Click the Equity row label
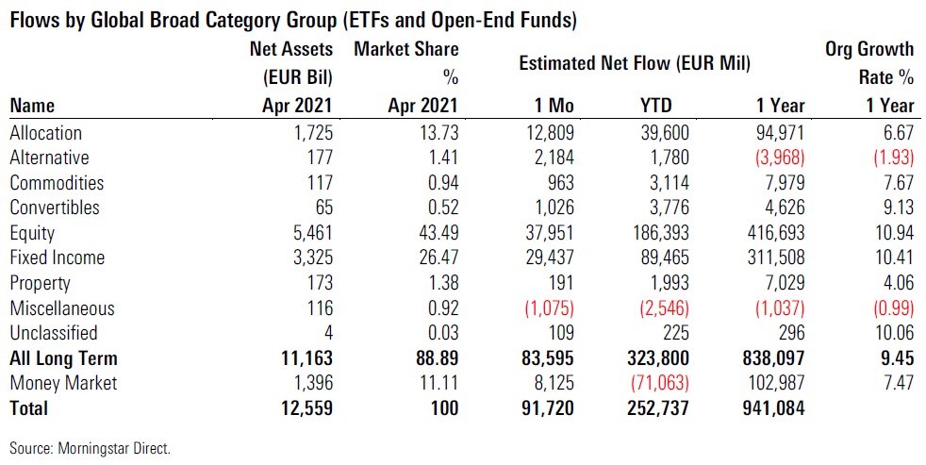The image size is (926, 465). click(x=32, y=233)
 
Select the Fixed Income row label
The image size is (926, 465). click(x=57, y=257)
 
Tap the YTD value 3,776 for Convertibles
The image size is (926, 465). click(x=666, y=208)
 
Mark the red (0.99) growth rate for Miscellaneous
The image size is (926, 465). click(x=888, y=307)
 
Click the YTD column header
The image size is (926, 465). click(x=668, y=106)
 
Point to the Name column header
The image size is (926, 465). click(x=32, y=106)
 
